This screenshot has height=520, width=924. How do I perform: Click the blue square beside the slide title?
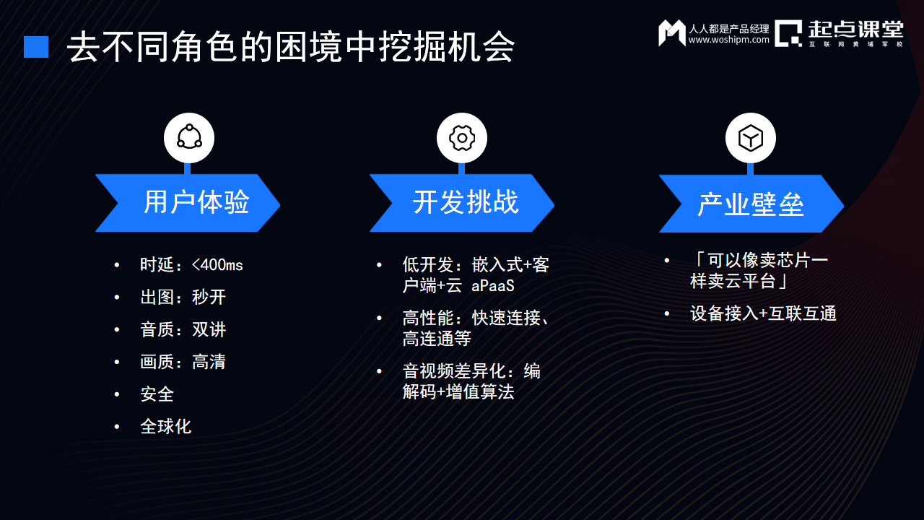click(x=36, y=47)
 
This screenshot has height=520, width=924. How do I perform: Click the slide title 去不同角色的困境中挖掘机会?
click(x=291, y=48)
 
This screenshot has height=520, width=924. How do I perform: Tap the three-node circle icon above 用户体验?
click(x=189, y=137)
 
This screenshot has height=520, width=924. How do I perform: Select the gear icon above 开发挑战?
click(x=462, y=137)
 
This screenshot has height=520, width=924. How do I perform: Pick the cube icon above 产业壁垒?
click(x=751, y=137)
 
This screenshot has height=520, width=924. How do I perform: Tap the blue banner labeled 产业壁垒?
click(x=751, y=204)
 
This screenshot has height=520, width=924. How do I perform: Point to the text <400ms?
click(x=217, y=265)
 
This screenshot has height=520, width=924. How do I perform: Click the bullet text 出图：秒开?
click(x=183, y=298)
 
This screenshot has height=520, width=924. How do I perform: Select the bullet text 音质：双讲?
click(x=183, y=330)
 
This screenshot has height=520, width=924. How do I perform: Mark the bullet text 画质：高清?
click(x=183, y=362)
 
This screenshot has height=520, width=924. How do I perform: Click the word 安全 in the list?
click(x=157, y=394)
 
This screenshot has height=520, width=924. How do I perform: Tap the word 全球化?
click(x=165, y=427)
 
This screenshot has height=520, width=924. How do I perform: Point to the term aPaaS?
click(x=493, y=286)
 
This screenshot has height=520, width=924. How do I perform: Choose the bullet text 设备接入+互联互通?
click(x=763, y=313)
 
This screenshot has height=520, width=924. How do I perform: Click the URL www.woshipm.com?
click(x=728, y=40)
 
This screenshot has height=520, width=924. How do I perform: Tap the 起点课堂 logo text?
click(x=855, y=29)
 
